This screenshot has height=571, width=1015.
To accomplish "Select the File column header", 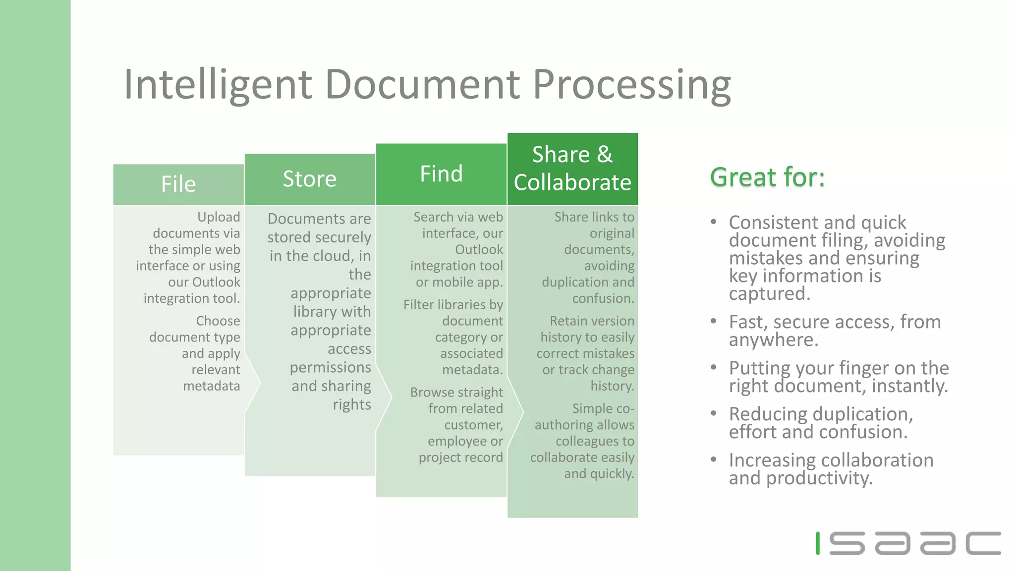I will click(178, 184).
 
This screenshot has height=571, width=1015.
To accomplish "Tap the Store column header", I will click(310, 179).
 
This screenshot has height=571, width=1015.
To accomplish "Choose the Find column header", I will click(441, 174).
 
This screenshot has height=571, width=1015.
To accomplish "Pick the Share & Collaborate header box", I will click(572, 169).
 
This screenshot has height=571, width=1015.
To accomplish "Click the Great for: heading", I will click(767, 177).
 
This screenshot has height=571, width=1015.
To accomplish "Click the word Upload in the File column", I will click(219, 217).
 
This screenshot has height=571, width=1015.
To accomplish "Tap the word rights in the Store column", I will click(352, 404).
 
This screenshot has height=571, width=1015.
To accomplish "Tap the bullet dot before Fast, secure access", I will click(713, 321).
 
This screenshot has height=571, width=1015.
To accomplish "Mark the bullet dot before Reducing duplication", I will click(713, 413).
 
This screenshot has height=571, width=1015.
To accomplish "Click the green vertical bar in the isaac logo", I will click(818, 543).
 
